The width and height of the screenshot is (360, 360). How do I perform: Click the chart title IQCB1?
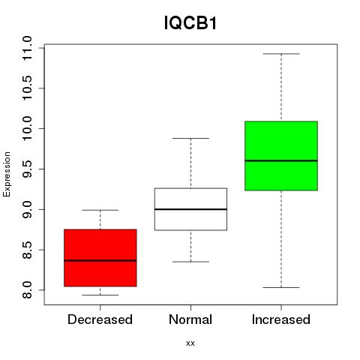pyautogui.click(x=190, y=23)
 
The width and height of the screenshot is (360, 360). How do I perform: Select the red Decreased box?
pyautogui.click(x=100, y=258)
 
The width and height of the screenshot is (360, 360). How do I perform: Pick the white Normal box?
pyautogui.click(x=190, y=209)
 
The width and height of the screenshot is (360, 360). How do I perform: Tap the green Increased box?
pyautogui.click(x=281, y=156)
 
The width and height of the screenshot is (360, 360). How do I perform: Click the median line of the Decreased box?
pyautogui.click(x=100, y=260)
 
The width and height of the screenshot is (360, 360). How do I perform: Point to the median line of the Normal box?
pyautogui.click(x=190, y=209)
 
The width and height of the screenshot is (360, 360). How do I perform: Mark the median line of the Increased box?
pyautogui.click(x=281, y=160)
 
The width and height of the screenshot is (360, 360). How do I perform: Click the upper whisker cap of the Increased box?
pyautogui.click(x=281, y=54)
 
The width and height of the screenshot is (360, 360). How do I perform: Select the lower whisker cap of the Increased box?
pyautogui.click(x=281, y=287)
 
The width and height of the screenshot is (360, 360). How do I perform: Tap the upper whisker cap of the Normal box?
pyautogui.click(x=190, y=138)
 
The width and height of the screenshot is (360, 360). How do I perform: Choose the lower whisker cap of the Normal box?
pyautogui.click(x=190, y=262)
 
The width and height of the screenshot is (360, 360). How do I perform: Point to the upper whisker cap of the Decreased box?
pyautogui.click(x=100, y=210)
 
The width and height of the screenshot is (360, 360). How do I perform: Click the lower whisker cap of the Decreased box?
pyautogui.click(x=100, y=295)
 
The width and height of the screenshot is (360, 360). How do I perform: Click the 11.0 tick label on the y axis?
pyautogui.click(x=27, y=48)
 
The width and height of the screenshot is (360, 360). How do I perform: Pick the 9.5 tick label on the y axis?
pyautogui.click(x=27, y=169)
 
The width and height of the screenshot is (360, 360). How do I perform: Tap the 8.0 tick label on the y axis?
pyautogui.click(x=27, y=290)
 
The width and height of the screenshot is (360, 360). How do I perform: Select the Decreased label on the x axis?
pyautogui.click(x=100, y=319)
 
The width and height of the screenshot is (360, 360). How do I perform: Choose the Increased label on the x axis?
pyautogui.click(x=281, y=319)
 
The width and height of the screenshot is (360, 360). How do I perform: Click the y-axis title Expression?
pyautogui.click(x=7, y=174)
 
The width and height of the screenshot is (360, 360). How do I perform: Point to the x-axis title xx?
pyautogui.click(x=190, y=343)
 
